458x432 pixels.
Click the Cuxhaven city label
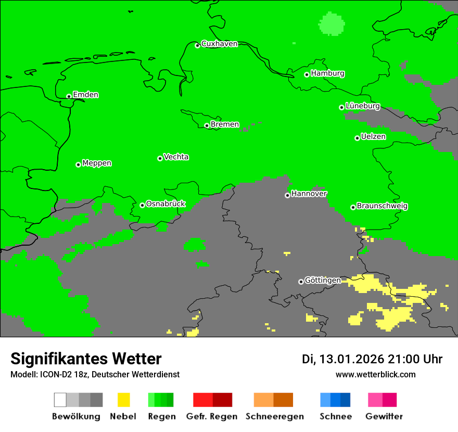[x=219, y=44]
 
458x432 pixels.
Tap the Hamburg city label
[x=327, y=73]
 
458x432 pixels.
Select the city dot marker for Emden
[x=69, y=96]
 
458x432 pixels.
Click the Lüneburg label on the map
[x=362, y=106]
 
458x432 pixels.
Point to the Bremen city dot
[x=207, y=125]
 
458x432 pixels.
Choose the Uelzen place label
[x=373, y=136]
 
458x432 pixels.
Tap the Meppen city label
[x=97, y=163]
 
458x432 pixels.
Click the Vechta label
[x=176, y=157]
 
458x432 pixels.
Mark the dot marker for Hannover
[x=287, y=196]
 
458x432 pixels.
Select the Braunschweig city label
[x=382, y=206]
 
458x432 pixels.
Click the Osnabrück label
[x=166, y=204]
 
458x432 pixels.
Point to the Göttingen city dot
[x=301, y=282]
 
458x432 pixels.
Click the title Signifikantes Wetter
[x=86, y=359]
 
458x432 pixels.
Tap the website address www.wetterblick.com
[x=375, y=374]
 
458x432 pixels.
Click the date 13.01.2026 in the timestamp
[x=351, y=359]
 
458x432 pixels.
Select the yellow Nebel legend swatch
[x=123, y=400]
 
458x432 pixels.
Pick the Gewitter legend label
[x=384, y=416]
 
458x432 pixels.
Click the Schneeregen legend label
[x=274, y=416]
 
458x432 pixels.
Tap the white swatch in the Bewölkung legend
[x=60, y=400]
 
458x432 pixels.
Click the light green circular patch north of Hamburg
[x=332, y=23]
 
